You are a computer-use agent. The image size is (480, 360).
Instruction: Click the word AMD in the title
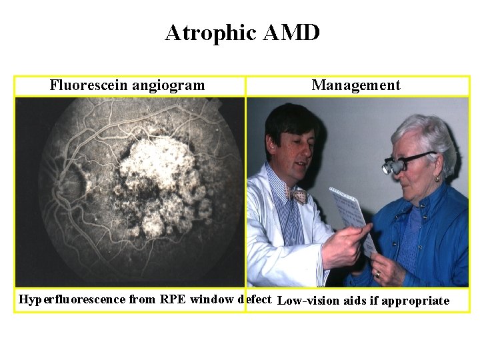click(291, 32)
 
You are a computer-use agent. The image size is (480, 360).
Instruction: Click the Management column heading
click(356, 85)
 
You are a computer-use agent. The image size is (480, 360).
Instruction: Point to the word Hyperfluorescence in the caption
click(72, 299)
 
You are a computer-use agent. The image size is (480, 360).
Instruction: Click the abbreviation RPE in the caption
click(173, 299)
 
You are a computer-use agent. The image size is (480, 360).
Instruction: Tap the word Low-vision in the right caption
click(307, 301)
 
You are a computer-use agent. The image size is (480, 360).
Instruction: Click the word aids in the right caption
click(353, 301)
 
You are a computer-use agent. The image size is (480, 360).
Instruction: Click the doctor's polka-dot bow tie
click(295, 194)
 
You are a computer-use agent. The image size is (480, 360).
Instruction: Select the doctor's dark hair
click(291, 120)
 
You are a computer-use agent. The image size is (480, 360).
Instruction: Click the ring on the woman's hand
click(377, 273)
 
